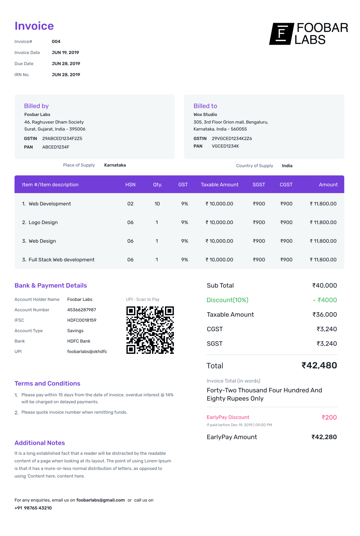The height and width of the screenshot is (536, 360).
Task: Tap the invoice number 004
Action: pyautogui.click(x=56, y=42)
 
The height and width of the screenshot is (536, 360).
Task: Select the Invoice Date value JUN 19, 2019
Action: pyautogui.click(x=65, y=53)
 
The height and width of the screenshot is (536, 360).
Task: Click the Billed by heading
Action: pyautogui.click(x=36, y=106)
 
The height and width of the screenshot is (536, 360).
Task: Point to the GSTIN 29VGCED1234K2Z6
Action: pyautogui.click(x=232, y=138)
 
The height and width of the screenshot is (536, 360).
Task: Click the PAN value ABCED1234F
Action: pyautogui.click(x=56, y=147)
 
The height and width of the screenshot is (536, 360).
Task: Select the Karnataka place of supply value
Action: pyautogui.click(x=115, y=165)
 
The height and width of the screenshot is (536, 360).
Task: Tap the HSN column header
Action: pyautogui.click(x=130, y=184)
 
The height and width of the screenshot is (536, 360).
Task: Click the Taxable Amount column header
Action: pyautogui.click(x=220, y=184)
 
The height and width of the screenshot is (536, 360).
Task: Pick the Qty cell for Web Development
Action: pyautogui.click(x=157, y=204)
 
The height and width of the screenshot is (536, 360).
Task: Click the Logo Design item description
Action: pyautogui.click(x=43, y=222)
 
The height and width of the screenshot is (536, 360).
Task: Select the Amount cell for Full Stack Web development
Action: pyautogui.click(x=323, y=260)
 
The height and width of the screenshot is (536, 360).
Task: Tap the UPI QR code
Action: pyautogui.click(x=150, y=330)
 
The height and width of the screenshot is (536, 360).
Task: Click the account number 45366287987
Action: pyautogui.click(x=82, y=310)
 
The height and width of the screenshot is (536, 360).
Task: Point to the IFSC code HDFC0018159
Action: pyautogui.click(x=82, y=320)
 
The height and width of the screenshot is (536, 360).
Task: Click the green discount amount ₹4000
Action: pyautogui.click(x=325, y=300)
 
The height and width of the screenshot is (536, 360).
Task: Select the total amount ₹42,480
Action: pyautogui.click(x=319, y=366)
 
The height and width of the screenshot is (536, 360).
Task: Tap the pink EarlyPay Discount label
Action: pyautogui.click(x=228, y=417)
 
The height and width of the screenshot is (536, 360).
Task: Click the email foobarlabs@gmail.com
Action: pyautogui.click(x=101, y=500)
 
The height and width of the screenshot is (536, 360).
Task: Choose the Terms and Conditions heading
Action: pyautogui.click(x=47, y=384)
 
